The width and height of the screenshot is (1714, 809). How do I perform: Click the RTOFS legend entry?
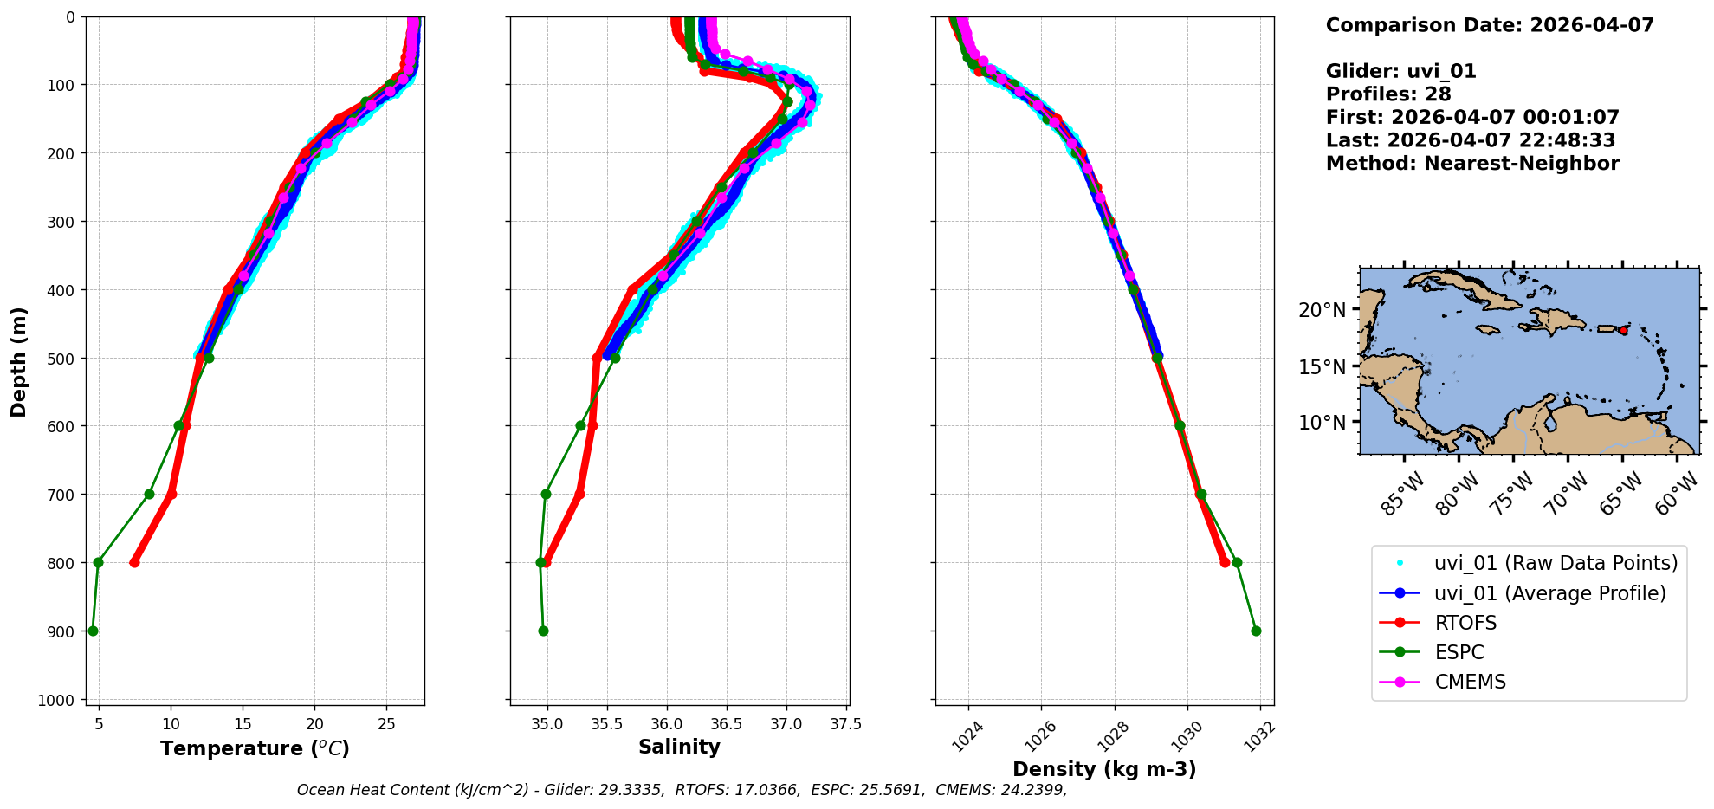pyautogui.click(x=1465, y=623)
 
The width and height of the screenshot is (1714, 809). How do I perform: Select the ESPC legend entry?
pyautogui.click(x=1459, y=652)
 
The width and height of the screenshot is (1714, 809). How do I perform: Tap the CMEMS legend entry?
pyautogui.click(x=1470, y=682)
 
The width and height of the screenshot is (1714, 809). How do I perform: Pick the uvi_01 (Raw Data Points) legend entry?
pyautogui.click(x=1556, y=563)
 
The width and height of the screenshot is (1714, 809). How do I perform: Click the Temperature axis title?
pyautogui.click(x=255, y=748)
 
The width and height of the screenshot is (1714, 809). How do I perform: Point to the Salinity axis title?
pyautogui.click(x=679, y=747)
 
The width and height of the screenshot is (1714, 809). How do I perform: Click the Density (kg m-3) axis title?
pyautogui.click(x=1104, y=769)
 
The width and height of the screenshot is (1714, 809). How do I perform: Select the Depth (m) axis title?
pyautogui.click(x=19, y=361)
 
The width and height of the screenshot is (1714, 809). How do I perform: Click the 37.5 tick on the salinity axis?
pyautogui.click(x=845, y=724)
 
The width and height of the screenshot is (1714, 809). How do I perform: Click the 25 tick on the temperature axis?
pyautogui.click(x=387, y=724)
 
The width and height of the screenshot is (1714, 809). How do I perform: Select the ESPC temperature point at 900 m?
pyautogui.click(x=93, y=631)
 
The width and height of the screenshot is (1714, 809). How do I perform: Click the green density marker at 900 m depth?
pyautogui.click(x=1256, y=631)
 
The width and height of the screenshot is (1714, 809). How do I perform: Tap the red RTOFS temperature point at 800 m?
pyautogui.click(x=134, y=562)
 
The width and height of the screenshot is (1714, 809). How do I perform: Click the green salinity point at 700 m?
pyautogui.click(x=546, y=494)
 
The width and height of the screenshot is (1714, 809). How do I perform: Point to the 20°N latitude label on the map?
pyautogui.click(x=1322, y=310)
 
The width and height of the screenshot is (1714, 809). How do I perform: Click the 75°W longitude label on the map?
pyautogui.click(x=1511, y=495)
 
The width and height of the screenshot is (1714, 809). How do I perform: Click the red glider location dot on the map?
pyautogui.click(x=1623, y=331)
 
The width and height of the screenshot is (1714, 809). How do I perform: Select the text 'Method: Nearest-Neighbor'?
pyautogui.click(x=1472, y=164)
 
